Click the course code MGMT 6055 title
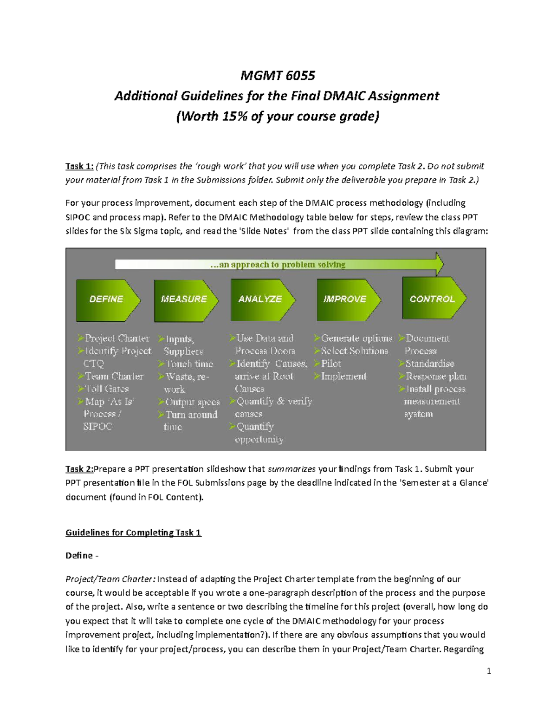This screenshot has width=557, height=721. (278, 75)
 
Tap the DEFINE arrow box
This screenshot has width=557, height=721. (107, 299)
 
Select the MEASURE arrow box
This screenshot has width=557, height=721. (184, 299)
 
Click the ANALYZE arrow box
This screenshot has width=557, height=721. (261, 299)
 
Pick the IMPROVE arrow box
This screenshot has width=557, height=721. (346, 299)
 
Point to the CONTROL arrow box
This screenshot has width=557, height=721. (432, 299)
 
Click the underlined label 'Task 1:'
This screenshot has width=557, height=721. (79, 166)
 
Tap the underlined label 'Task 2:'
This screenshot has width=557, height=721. (79, 469)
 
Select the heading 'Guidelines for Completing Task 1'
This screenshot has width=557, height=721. (133, 533)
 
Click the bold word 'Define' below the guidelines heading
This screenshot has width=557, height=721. (79, 555)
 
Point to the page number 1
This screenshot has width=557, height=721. (489, 671)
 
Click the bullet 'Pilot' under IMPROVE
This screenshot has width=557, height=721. (331, 364)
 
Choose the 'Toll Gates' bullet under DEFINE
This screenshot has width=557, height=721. (107, 389)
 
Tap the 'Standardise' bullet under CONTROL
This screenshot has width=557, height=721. (430, 364)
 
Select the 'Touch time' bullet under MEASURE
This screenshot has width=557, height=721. (189, 364)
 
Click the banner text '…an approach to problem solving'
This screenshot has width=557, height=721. (278, 265)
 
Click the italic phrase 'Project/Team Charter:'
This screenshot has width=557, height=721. (110, 579)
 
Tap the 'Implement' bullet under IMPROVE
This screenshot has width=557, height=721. (343, 377)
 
